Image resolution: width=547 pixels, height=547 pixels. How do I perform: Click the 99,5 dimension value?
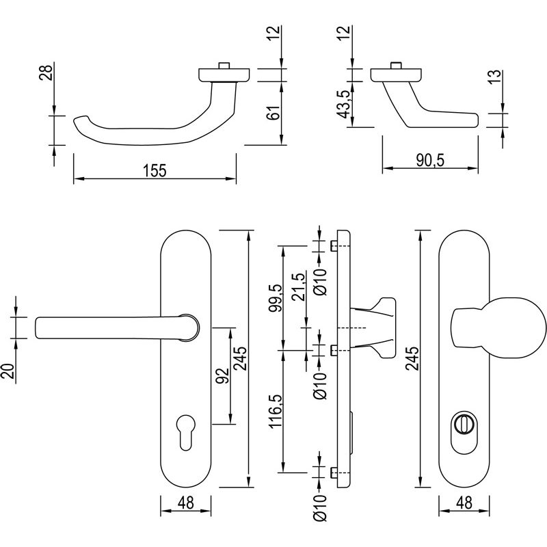[x=274, y=297]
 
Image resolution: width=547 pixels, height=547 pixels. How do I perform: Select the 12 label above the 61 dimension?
[x=273, y=34]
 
